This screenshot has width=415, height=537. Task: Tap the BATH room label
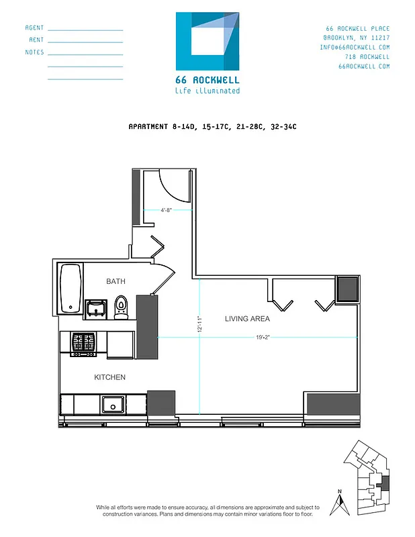click(x=116, y=281)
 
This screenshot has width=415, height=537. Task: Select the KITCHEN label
click(x=109, y=377)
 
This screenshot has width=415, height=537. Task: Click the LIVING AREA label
click(x=247, y=319)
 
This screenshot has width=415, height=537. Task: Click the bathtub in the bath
click(x=71, y=288)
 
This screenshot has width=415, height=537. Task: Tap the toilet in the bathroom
click(x=121, y=306)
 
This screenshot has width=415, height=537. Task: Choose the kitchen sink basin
click(x=111, y=404)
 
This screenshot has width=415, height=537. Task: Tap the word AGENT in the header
click(x=34, y=28)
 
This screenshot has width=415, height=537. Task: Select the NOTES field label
click(x=34, y=52)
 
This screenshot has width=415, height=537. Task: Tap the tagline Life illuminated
click(x=207, y=91)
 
